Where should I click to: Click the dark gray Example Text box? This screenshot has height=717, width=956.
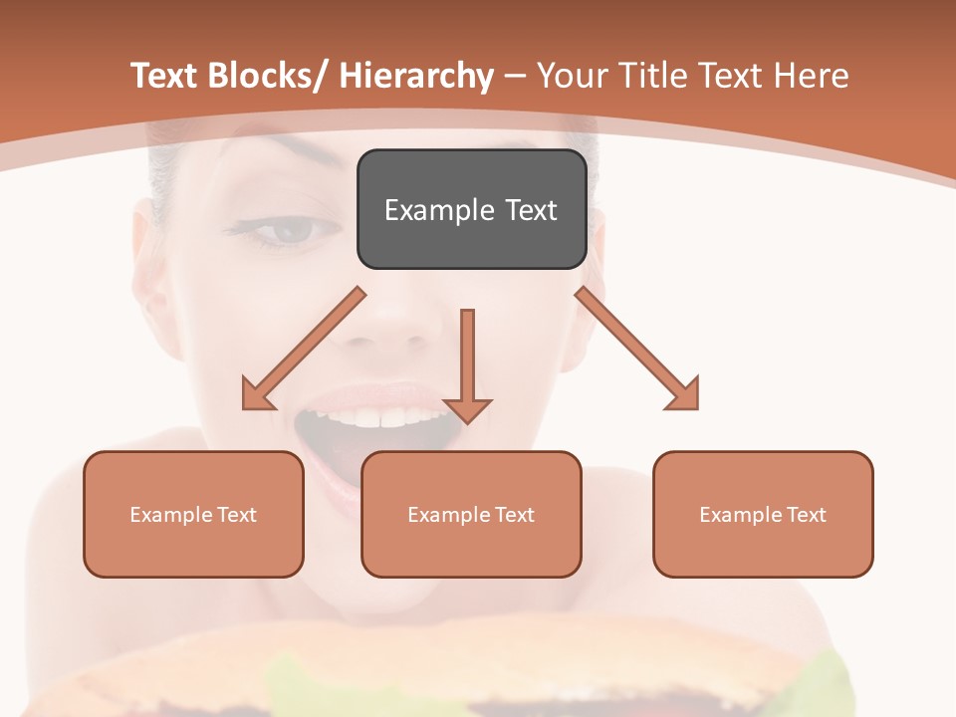(471, 209)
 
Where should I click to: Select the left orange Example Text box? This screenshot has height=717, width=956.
(193, 514)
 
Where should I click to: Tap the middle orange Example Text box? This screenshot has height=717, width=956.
(471, 514)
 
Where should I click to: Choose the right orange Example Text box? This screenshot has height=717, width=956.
(763, 514)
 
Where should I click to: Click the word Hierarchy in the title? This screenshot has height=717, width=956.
(416, 76)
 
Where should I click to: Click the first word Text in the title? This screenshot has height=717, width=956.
(166, 76)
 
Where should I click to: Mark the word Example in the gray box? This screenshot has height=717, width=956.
(425, 210)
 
